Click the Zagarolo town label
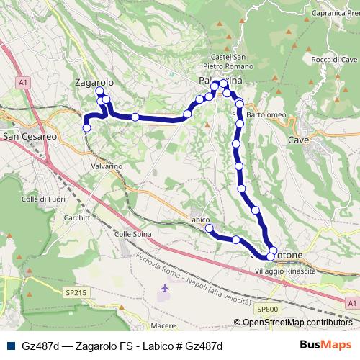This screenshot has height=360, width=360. click(94, 83)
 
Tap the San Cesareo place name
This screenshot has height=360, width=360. click(30, 135)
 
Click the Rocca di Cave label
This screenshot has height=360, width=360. click(335, 59)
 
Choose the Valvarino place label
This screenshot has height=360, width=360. click(107, 166)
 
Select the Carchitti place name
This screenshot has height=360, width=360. click(78, 217)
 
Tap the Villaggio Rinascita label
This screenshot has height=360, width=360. click(286, 270)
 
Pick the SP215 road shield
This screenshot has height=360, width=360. click(74, 293)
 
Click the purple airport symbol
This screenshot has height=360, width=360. click(164, 288)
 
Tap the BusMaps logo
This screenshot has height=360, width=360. click(326, 346)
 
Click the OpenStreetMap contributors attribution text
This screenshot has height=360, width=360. click(297, 323)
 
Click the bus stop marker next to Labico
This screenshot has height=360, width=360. click(210, 228)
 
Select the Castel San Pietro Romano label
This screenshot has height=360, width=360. click(230, 61)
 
